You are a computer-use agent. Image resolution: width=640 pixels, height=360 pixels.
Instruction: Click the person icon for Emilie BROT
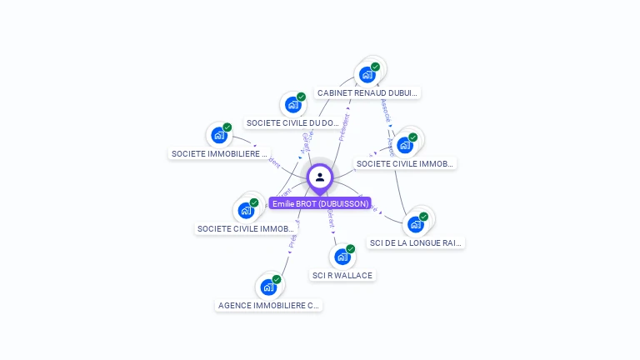320,177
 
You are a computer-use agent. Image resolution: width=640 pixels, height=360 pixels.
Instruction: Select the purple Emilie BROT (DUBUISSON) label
320,203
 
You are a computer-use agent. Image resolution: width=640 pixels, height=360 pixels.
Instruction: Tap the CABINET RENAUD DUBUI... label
367,93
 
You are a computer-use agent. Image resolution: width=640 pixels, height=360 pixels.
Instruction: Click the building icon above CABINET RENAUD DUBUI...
367,75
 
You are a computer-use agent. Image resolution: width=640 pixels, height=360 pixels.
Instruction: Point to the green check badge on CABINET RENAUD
375,67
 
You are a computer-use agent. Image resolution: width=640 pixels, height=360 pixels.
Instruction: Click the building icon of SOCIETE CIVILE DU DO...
292,105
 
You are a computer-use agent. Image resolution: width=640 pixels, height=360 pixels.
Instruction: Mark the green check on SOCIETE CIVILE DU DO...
301,97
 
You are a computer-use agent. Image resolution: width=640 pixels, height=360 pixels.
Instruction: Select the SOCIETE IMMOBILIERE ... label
220,153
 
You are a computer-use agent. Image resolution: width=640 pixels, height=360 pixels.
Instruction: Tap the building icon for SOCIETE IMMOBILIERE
219,135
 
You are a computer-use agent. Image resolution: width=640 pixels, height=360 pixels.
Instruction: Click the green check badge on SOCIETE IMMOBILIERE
227,127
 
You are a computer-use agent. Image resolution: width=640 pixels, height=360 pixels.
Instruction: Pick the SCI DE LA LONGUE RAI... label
415,242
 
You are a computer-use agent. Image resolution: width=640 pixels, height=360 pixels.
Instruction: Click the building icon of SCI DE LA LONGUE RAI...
415,224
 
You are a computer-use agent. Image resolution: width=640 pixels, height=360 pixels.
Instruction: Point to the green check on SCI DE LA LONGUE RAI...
423,217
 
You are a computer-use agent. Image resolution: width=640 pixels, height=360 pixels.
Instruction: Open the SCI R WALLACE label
342,275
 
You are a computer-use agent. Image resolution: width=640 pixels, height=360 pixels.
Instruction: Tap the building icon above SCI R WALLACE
342,257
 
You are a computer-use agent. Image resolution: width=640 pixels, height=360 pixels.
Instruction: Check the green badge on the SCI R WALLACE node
350,248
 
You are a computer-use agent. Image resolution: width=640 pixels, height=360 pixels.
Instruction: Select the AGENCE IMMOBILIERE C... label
268,305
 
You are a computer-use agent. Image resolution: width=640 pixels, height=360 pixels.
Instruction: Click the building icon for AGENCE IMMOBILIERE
268,287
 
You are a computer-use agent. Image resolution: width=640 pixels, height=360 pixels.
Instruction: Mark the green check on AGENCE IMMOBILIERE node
277,279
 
